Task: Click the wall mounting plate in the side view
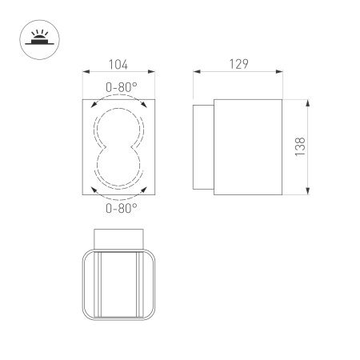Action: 203,146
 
